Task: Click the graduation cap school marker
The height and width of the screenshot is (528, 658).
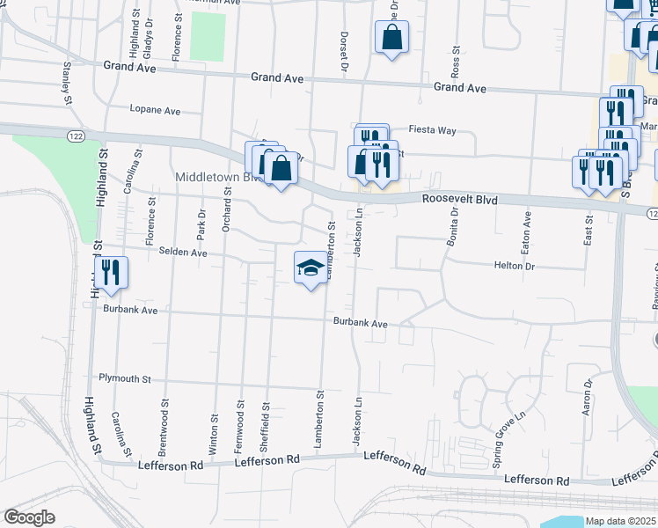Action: point(309,268)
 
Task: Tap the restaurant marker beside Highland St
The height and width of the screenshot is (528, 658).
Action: point(112,271)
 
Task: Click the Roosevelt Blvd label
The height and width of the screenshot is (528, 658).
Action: point(459,201)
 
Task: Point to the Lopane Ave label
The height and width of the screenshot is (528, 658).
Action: point(155,111)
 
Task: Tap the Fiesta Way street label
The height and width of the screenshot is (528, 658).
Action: point(435,130)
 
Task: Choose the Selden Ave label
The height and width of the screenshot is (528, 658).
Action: point(183,253)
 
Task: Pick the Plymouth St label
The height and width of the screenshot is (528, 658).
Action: point(125,378)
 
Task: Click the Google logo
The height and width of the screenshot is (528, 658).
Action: point(29,517)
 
